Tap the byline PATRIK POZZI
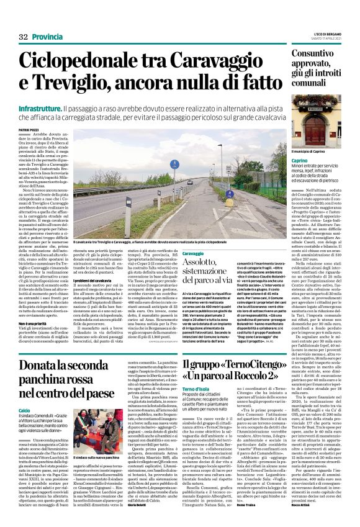(x=29, y=128)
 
